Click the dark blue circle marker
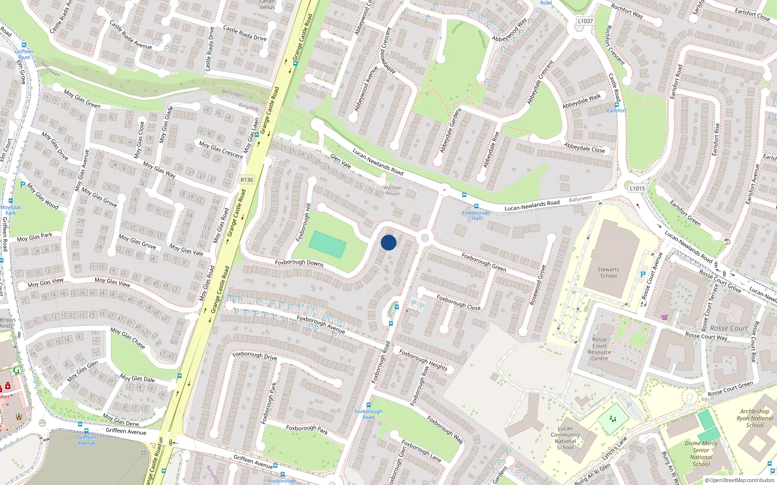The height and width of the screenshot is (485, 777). pos(388,242)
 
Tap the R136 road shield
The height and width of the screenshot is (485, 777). pos(247,180)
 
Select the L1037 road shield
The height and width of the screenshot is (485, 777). pos(585,21)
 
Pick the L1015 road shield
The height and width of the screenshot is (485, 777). pos(637,189)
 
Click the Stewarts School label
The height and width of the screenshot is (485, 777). pos(608,273)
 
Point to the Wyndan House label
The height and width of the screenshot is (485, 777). pos(392,191)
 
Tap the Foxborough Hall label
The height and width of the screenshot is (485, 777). pos(476,215)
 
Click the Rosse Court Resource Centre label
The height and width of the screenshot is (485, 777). pos(599,349)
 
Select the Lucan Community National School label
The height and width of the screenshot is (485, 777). pos(565,438)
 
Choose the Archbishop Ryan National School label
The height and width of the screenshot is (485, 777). pos(755,418)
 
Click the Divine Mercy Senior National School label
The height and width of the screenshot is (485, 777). pos(701,453)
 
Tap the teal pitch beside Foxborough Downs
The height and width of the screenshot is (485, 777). pos(328,244)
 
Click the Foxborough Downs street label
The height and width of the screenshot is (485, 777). pos(299,263)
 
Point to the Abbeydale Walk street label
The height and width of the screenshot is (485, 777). pos(582,101)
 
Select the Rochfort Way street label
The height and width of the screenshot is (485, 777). pos(627,12)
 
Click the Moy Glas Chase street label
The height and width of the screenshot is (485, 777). pos(128,338)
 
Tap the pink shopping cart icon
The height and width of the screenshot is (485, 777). pos(664,317)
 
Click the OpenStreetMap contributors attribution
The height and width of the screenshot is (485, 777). pos(740,480)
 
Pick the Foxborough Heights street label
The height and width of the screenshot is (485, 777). pos(423,360)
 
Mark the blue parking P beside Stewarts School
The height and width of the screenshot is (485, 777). pos(643,275)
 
